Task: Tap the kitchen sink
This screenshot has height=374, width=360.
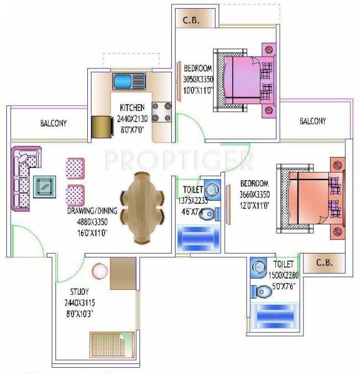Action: [x=128, y=81]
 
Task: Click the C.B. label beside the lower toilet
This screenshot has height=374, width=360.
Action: [x=324, y=262]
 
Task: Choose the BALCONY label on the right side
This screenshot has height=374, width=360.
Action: [x=312, y=121]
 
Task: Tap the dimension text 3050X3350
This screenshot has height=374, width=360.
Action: [x=198, y=79]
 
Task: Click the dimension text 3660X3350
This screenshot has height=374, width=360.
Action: [x=254, y=194]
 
